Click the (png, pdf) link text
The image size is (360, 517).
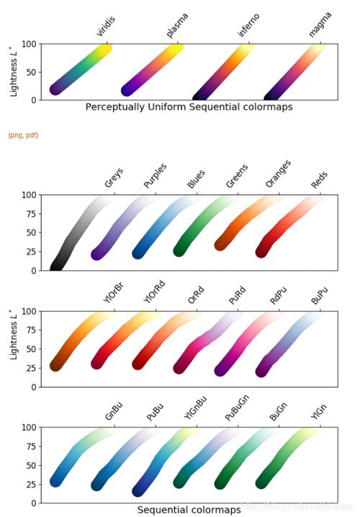24,135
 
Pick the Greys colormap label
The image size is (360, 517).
113,178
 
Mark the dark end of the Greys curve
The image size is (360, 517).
56,266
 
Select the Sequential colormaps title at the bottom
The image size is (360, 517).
189,510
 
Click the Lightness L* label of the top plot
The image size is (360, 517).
14,72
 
